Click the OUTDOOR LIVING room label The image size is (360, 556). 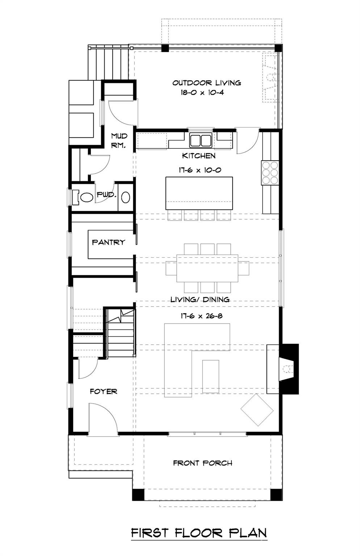(x=206, y=83)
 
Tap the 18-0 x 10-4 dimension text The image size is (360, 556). (x=202, y=93)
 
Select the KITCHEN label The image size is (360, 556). (x=198, y=156)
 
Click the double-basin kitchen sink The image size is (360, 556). (x=201, y=140)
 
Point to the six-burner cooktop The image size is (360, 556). (x=270, y=172)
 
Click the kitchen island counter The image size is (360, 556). (x=199, y=193)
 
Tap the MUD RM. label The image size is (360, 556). (x=119, y=141)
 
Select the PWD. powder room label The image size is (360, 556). (x=106, y=195)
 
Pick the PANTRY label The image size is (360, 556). (x=108, y=242)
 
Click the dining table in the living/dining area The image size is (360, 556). (x=207, y=268)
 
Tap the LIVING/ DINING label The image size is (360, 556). (x=200, y=300)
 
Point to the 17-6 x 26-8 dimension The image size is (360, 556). (x=201, y=316)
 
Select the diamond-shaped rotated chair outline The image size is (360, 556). (x=257, y=410)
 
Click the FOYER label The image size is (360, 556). (x=103, y=392)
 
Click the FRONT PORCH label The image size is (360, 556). (x=202, y=463)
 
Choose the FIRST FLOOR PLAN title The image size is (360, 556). (x=199, y=533)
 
